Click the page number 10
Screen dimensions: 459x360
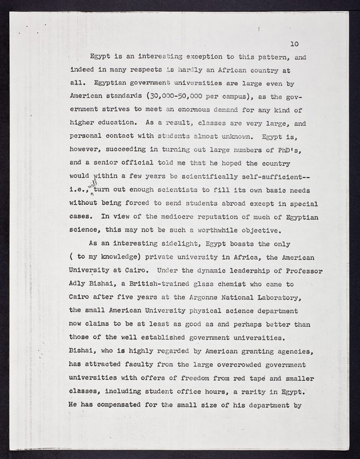295,44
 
